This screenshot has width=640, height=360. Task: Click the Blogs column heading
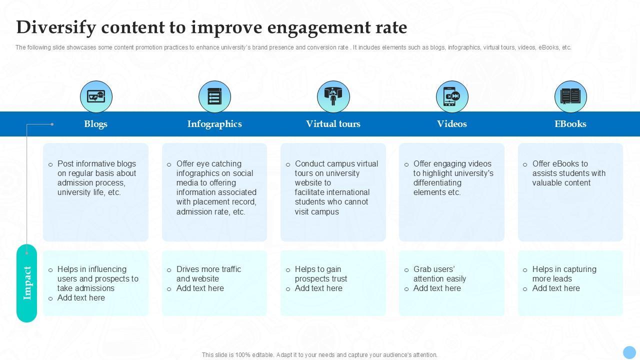(95, 124)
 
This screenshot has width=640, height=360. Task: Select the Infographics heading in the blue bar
(214, 124)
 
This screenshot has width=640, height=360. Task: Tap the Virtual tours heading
(333, 124)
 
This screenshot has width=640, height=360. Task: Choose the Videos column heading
(452, 124)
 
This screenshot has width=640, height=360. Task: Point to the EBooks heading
(570, 124)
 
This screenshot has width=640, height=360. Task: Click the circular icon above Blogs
(96, 96)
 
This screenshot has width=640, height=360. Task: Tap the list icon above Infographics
(214, 96)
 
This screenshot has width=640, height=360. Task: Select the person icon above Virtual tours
(333, 96)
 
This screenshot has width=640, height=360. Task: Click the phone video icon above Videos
(452, 96)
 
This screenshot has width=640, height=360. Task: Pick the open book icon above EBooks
(570, 96)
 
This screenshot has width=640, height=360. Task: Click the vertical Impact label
(27, 283)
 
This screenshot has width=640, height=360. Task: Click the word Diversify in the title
(55, 27)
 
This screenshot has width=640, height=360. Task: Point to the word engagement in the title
(318, 27)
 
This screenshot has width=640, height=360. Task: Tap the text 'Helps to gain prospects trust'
(320, 274)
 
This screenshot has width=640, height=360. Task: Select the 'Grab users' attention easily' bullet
(439, 274)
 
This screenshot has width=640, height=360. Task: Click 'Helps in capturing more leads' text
(564, 274)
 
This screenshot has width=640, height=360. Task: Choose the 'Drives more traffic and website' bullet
(208, 274)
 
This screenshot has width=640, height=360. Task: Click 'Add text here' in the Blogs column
(81, 298)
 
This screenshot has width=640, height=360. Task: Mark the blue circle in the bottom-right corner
(629, 352)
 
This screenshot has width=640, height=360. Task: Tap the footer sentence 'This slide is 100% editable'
(319, 355)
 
